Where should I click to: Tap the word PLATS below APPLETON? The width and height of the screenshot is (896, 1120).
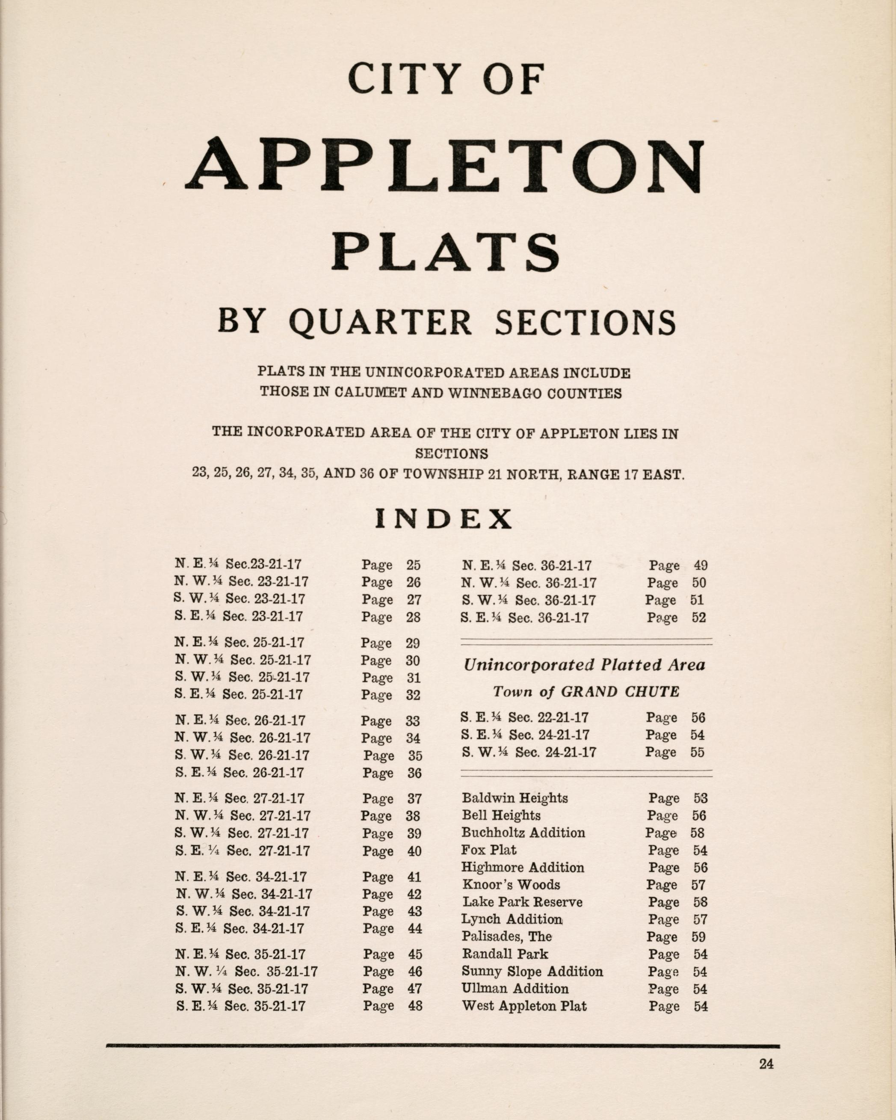[446, 252]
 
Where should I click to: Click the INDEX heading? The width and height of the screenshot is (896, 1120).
[444, 519]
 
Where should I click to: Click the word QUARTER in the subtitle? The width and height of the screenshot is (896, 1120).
[380, 322]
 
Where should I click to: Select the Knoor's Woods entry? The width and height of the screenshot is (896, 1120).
[511, 884]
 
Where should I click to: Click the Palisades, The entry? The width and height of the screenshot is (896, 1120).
[506, 936]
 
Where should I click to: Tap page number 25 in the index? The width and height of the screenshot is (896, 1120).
[413, 565]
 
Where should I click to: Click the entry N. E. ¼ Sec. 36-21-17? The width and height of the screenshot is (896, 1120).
[526, 566]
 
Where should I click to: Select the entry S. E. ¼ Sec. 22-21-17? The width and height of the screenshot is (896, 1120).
[524, 717]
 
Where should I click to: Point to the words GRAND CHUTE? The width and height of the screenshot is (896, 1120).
[621, 692]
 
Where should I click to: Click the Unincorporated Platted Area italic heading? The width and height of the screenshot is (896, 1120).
[584, 665]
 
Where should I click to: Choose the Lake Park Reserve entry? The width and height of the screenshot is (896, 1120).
[521, 902]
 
